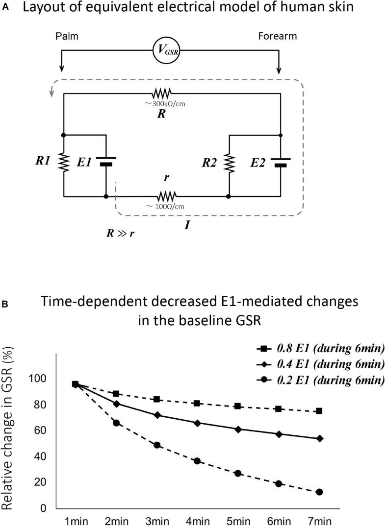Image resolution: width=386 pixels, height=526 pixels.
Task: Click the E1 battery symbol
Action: pyautogui.click(x=106, y=161)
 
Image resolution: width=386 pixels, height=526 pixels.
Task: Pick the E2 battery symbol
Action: pyautogui.click(x=280, y=162)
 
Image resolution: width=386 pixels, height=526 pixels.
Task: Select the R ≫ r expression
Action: pyautogui.click(x=120, y=233)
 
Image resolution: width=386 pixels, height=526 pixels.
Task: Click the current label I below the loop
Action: pyautogui.click(x=187, y=227)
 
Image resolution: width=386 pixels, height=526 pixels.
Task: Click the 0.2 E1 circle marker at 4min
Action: pyautogui.click(x=196, y=461)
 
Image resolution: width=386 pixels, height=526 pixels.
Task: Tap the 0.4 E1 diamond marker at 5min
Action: pyautogui.click(x=237, y=429)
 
